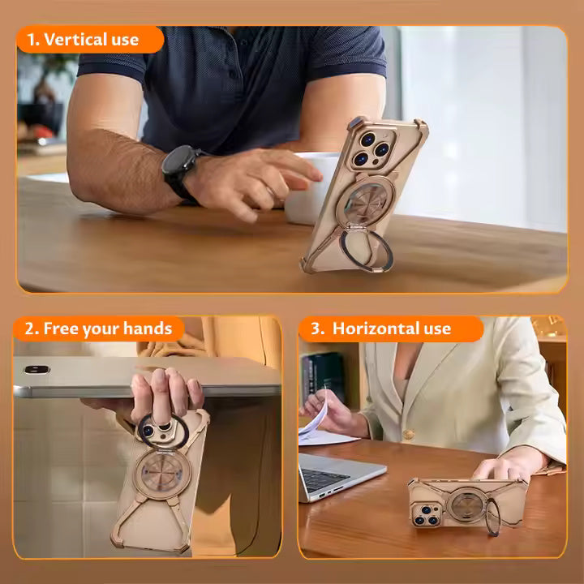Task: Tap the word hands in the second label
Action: tap(148, 328)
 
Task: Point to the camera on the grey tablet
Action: tap(36, 370)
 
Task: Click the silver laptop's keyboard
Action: tap(323, 479)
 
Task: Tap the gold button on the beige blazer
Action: tap(408, 434)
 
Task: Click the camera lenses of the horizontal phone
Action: tap(426, 515)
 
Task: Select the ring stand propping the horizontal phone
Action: tap(492, 517)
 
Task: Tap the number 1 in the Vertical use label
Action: tap(32, 40)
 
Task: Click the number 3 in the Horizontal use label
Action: tap(316, 328)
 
